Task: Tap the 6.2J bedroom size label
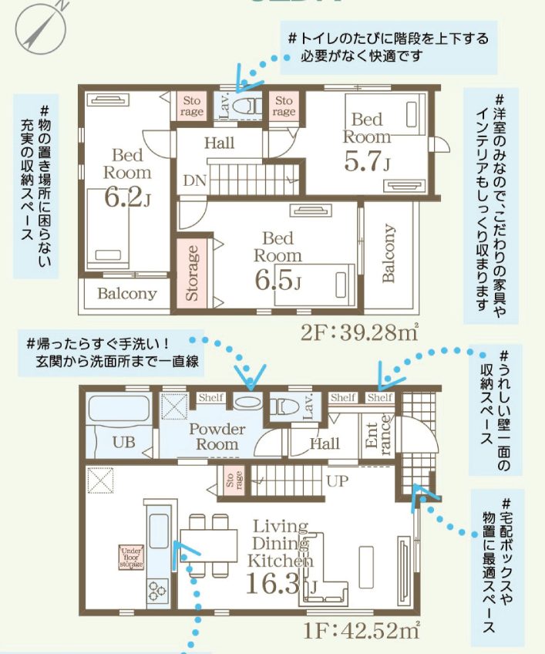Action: click(x=127, y=198)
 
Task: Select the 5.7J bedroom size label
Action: click(x=367, y=163)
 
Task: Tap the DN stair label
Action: click(x=193, y=181)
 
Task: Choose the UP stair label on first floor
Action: click(x=337, y=480)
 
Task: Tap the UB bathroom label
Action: click(x=123, y=443)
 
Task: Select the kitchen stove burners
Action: click(x=157, y=593)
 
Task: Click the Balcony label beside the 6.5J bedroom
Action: click(x=389, y=254)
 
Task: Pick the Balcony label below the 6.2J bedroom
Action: click(x=126, y=294)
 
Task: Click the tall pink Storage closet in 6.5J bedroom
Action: click(x=193, y=274)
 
